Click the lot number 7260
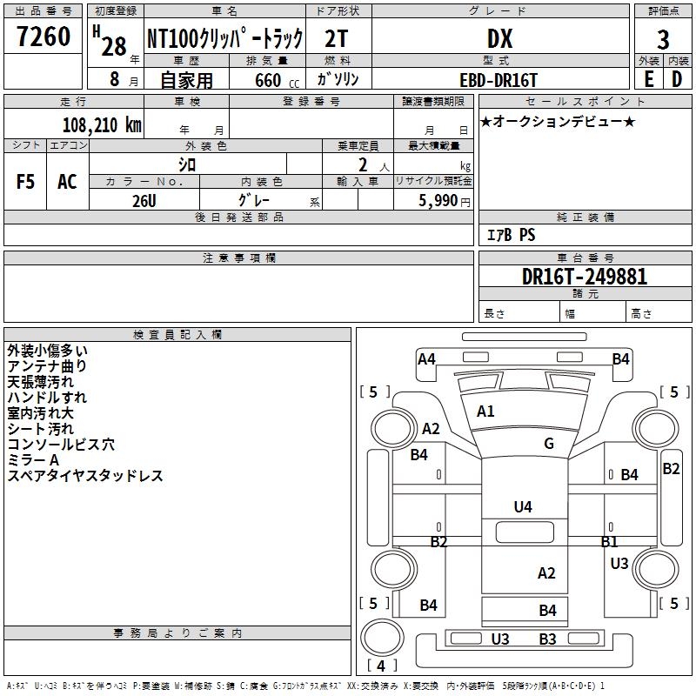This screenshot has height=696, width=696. pos(43,37)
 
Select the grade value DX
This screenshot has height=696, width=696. pos(499,38)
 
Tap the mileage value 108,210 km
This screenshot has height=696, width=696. pos(102,125)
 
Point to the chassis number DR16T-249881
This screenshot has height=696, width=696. pos(585,277)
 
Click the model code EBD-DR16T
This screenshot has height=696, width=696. pos(499,80)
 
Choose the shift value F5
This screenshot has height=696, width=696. pos(25,182)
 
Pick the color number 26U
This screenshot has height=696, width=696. pos(144,201)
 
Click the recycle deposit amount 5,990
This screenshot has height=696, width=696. pos(438,201)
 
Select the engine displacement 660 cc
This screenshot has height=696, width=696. pos(277,80)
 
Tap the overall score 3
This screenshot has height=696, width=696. pos(663,40)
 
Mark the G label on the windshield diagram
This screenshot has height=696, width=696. pos(549,443)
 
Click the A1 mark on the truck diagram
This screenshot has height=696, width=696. pos(485,411)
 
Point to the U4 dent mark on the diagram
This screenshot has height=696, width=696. pos(523,506)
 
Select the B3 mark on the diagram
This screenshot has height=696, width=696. pos(548,639)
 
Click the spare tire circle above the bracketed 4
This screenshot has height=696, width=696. pos(382,638)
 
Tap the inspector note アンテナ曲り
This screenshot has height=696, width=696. pos(47,366)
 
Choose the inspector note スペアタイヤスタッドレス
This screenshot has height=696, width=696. pos(85,476)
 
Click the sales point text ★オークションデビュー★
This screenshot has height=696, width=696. pos(558,121)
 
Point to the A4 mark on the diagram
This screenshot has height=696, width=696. pos(426,358)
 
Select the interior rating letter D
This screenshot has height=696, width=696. pos(677,79)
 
